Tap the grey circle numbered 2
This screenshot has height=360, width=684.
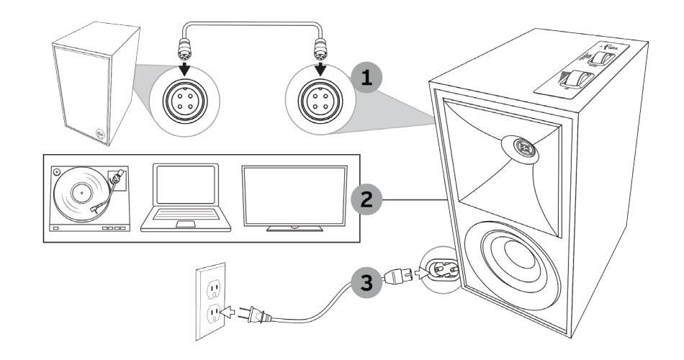[368, 198]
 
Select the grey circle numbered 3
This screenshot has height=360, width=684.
[368, 279]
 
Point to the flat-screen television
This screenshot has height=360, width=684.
[294, 197]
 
